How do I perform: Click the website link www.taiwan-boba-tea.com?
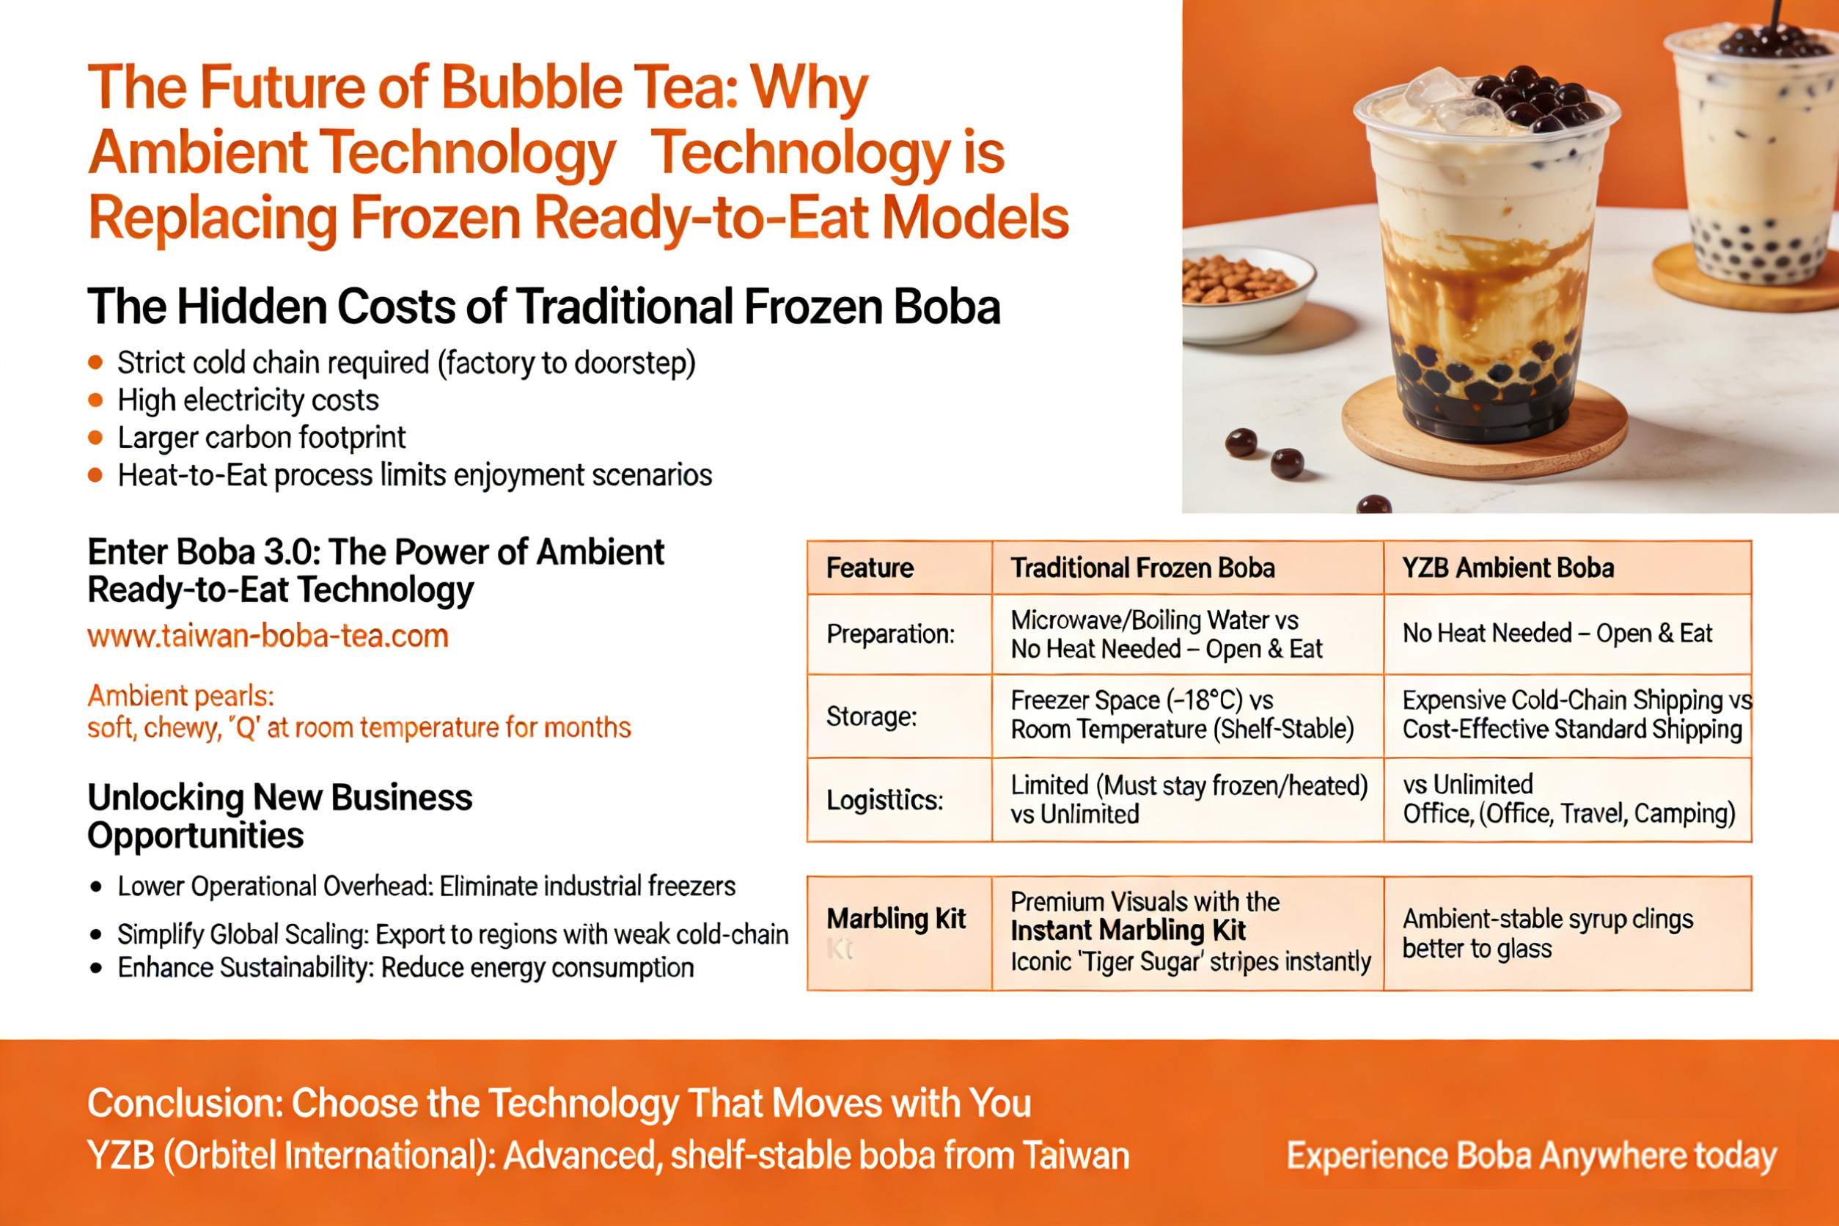click(x=268, y=636)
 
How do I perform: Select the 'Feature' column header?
click(x=870, y=568)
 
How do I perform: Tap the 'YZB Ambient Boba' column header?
click(x=1508, y=568)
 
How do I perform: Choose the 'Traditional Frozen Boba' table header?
click(x=1142, y=568)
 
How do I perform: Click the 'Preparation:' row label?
click(x=891, y=634)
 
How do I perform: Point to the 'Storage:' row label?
click(x=871, y=716)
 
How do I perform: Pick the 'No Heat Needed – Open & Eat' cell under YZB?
click(x=1557, y=634)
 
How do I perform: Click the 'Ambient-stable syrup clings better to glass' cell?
click(x=1547, y=933)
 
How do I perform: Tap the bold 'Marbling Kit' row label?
click(x=896, y=919)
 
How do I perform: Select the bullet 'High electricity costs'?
click(x=248, y=400)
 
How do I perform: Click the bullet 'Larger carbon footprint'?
click(x=261, y=438)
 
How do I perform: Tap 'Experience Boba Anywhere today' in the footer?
click(x=1532, y=1156)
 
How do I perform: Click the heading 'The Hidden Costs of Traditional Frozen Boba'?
click(x=543, y=306)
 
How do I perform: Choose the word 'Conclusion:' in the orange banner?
click(x=186, y=1104)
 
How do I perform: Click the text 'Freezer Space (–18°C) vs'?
click(x=1142, y=700)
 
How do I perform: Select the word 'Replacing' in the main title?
click(x=213, y=219)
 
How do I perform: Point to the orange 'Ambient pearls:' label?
click(x=180, y=696)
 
